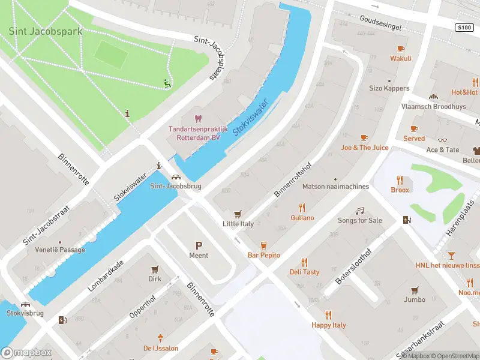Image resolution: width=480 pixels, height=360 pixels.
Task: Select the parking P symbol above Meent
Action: point(199,245)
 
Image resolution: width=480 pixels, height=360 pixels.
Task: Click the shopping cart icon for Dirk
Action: point(155,269)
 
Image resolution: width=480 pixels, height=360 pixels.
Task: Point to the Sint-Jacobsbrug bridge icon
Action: point(176,176)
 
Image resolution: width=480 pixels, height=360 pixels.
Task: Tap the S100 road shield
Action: point(464,27)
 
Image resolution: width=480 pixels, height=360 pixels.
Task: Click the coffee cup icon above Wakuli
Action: point(401,49)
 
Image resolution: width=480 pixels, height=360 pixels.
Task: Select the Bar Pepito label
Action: point(264,255)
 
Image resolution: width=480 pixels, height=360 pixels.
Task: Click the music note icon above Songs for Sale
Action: point(359,211)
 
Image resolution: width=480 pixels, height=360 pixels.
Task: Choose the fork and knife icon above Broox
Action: point(400,180)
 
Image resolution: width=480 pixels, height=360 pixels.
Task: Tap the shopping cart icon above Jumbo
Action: point(415,290)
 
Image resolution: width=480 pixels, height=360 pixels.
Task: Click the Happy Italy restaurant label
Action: point(328,325)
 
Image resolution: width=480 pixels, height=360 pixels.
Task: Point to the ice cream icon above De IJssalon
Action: point(160,338)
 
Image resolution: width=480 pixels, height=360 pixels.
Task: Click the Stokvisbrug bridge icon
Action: point(25,304)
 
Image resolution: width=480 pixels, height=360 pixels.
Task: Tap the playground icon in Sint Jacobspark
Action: point(167,84)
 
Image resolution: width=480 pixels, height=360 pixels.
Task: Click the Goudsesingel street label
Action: point(380,19)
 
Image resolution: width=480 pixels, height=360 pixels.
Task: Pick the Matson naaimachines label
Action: point(335,186)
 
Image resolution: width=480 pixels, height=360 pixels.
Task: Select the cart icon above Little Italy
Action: point(238,214)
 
